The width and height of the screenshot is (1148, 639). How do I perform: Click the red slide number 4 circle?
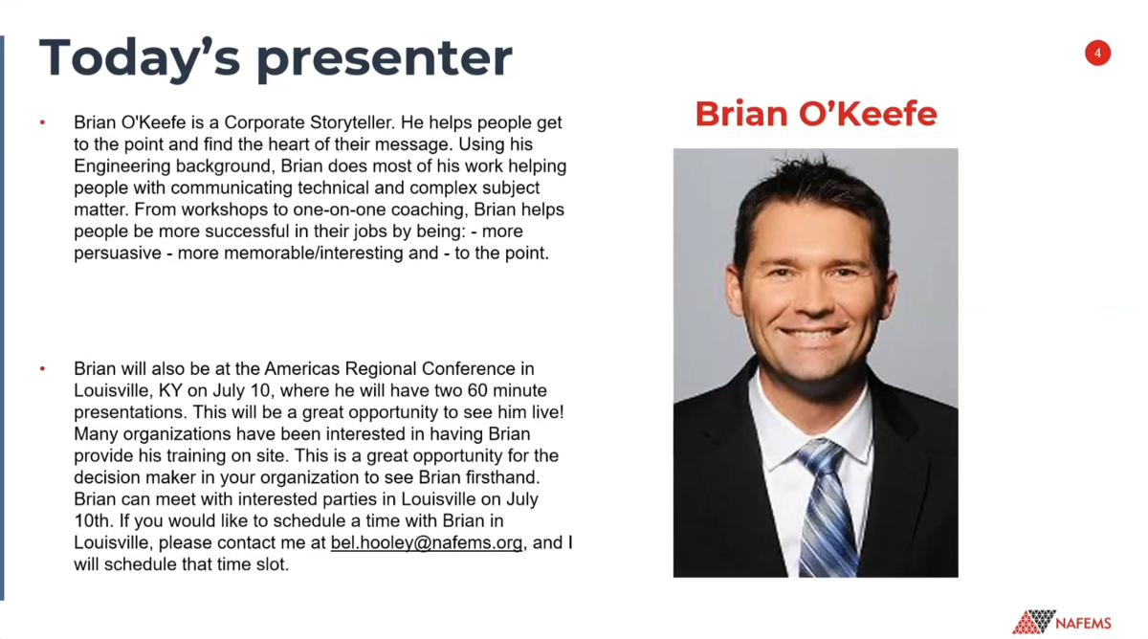(1097, 53)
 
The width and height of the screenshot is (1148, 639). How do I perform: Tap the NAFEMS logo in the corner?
(1061, 622)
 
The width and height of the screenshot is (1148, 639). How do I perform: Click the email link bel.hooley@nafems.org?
(427, 542)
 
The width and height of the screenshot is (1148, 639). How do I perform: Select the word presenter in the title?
(384, 59)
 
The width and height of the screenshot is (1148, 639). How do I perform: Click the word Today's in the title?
(140, 56)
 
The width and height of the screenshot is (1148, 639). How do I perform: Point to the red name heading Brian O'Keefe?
(816, 113)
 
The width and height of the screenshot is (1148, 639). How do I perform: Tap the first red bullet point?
(42, 122)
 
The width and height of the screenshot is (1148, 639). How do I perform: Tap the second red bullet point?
(42, 368)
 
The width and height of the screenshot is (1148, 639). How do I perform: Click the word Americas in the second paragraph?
(302, 369)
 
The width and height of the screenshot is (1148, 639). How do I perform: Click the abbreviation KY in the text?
(170, 390)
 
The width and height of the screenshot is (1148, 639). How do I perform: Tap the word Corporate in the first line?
(264, 123)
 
